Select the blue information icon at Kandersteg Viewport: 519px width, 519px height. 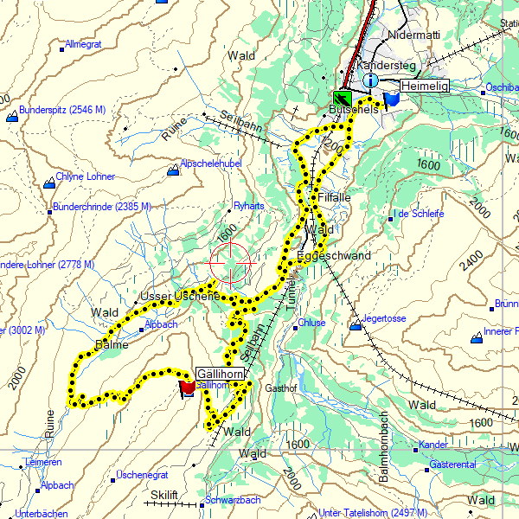[x=371, y=80]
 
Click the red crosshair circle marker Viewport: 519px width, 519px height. [x=231, y=263]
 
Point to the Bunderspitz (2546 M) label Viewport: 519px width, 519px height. [x=61, y=110]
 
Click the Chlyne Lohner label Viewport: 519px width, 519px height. [x=86, y=177]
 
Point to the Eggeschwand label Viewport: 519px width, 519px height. [x=333, y=256]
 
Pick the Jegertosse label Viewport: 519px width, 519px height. [x=384, y=318]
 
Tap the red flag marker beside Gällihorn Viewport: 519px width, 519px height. [x=186, y=388]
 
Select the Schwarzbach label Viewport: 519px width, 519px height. [x=233, y=500]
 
